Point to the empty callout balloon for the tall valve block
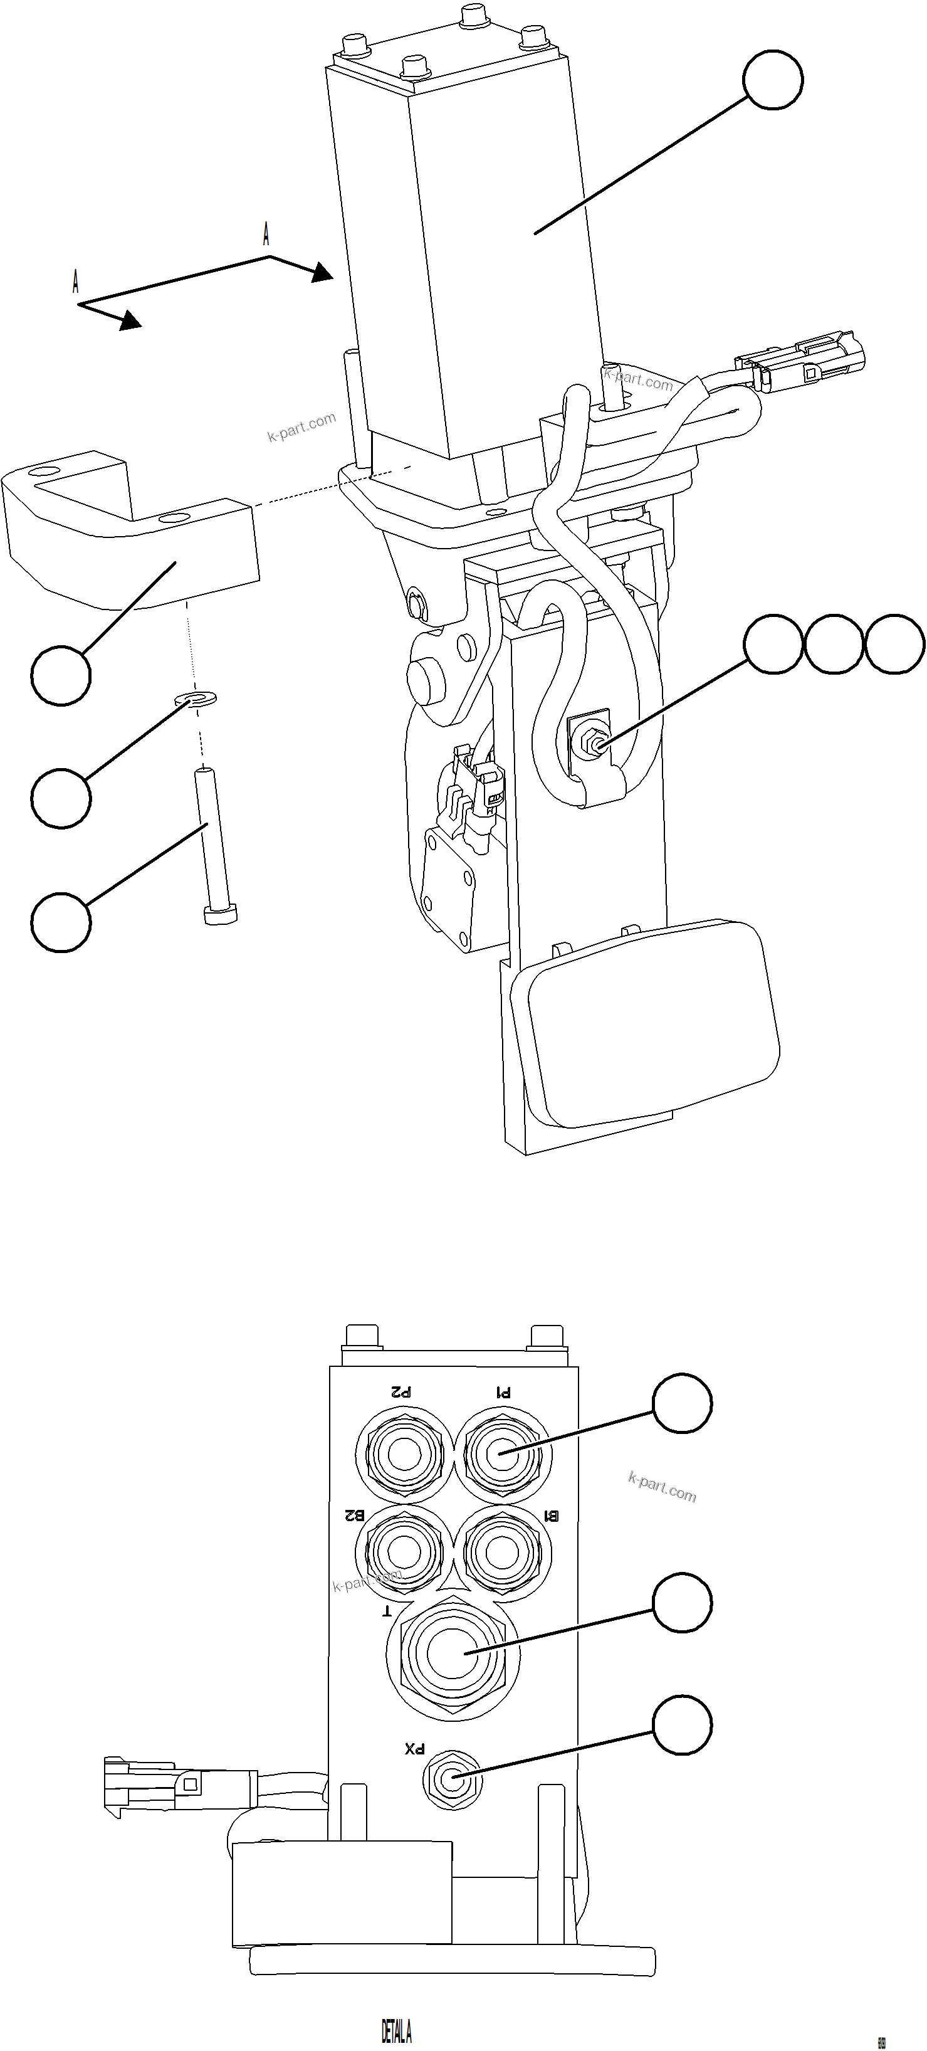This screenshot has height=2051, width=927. click(773, 80)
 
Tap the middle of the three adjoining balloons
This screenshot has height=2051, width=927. click(834, 644)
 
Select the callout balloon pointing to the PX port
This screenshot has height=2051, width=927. click(682, 1726)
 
